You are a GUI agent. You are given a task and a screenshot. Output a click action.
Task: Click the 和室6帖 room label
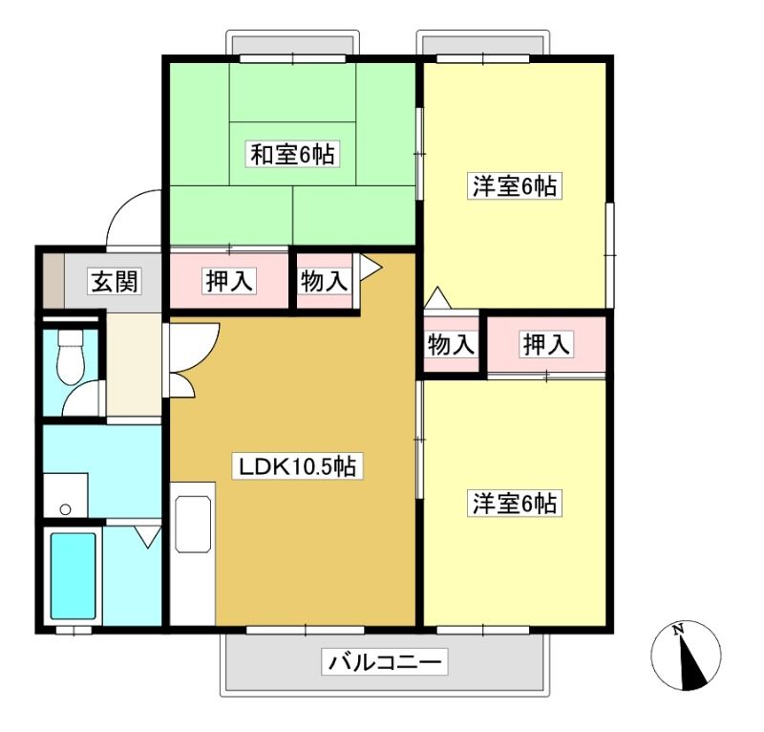292,154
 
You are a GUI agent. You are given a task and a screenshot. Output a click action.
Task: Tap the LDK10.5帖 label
297,466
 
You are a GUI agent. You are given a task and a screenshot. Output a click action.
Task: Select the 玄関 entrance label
115,281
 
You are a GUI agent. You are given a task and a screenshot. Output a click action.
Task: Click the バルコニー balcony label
385,662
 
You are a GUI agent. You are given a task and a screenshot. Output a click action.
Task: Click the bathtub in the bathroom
74,576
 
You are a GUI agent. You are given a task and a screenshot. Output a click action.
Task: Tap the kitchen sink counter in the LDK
193,525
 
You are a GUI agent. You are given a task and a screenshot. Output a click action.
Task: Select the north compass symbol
686,656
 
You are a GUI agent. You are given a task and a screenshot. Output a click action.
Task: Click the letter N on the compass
677,630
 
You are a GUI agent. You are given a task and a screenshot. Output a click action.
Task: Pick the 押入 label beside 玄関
228,281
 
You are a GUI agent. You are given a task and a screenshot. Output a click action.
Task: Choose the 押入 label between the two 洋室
545,344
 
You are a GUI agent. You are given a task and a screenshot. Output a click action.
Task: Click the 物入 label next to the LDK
324,281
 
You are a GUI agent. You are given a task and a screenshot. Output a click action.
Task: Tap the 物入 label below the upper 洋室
451,344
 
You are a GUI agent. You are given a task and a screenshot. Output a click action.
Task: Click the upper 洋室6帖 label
515,185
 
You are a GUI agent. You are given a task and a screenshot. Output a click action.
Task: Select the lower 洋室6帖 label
515,503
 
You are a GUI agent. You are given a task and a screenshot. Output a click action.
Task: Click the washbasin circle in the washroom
65,509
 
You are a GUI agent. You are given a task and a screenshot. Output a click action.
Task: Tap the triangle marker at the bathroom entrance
148,536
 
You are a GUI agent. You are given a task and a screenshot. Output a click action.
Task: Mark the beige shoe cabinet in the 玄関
53,281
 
